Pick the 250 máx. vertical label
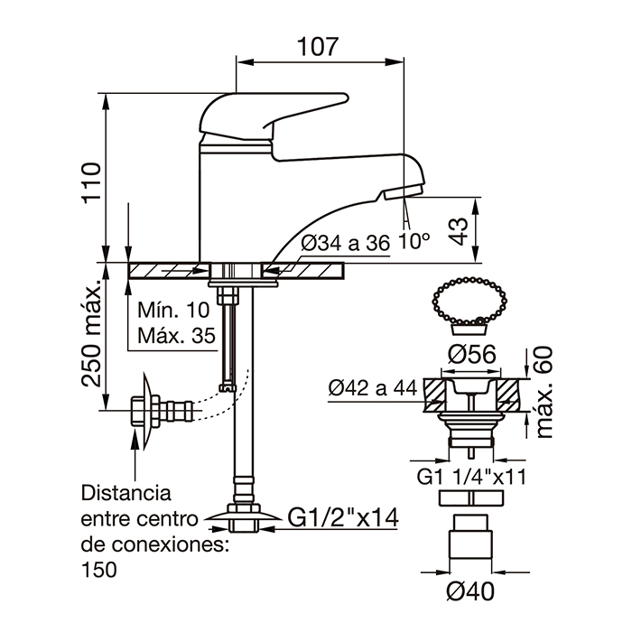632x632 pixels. tap(92, 333)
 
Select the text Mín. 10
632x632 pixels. tap(172, 310)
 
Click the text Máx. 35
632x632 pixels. tap(177, 337)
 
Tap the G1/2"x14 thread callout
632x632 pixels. tap(343, 517)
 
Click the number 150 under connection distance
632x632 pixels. tap(99, 570)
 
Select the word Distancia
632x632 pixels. tap(126, 494)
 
